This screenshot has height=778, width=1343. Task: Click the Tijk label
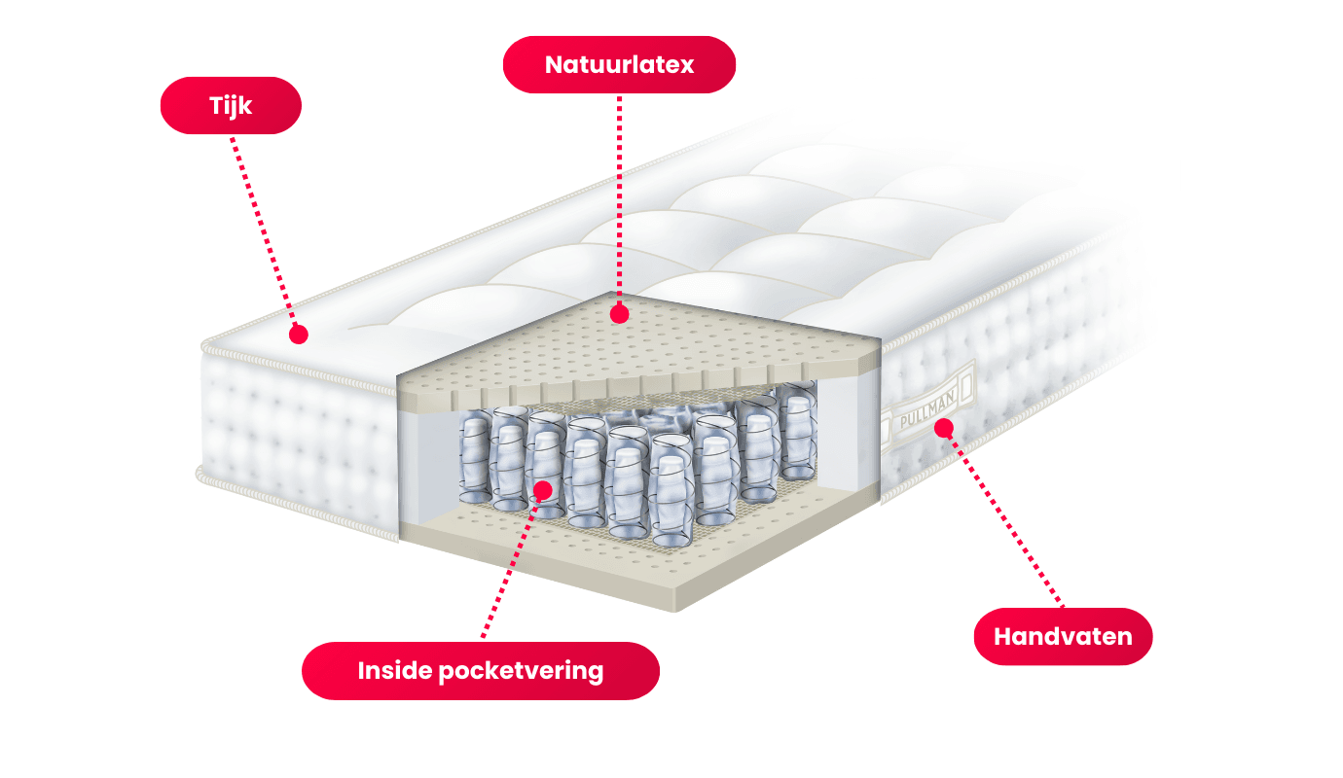[x=231, y=105]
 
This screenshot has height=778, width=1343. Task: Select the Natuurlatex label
[x=619, y=65]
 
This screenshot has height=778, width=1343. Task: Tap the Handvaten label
[x=1063, y=637]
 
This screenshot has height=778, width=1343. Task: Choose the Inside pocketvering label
[x=480, y=671]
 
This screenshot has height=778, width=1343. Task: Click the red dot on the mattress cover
[x=299, y=335]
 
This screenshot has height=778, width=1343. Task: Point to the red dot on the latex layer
[x=617, y=314]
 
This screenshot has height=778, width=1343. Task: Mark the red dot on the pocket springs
[x=543, y=489]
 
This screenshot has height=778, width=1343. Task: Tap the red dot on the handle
[x=942, y=427]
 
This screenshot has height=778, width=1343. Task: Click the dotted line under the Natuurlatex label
[x=618, y=194]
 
